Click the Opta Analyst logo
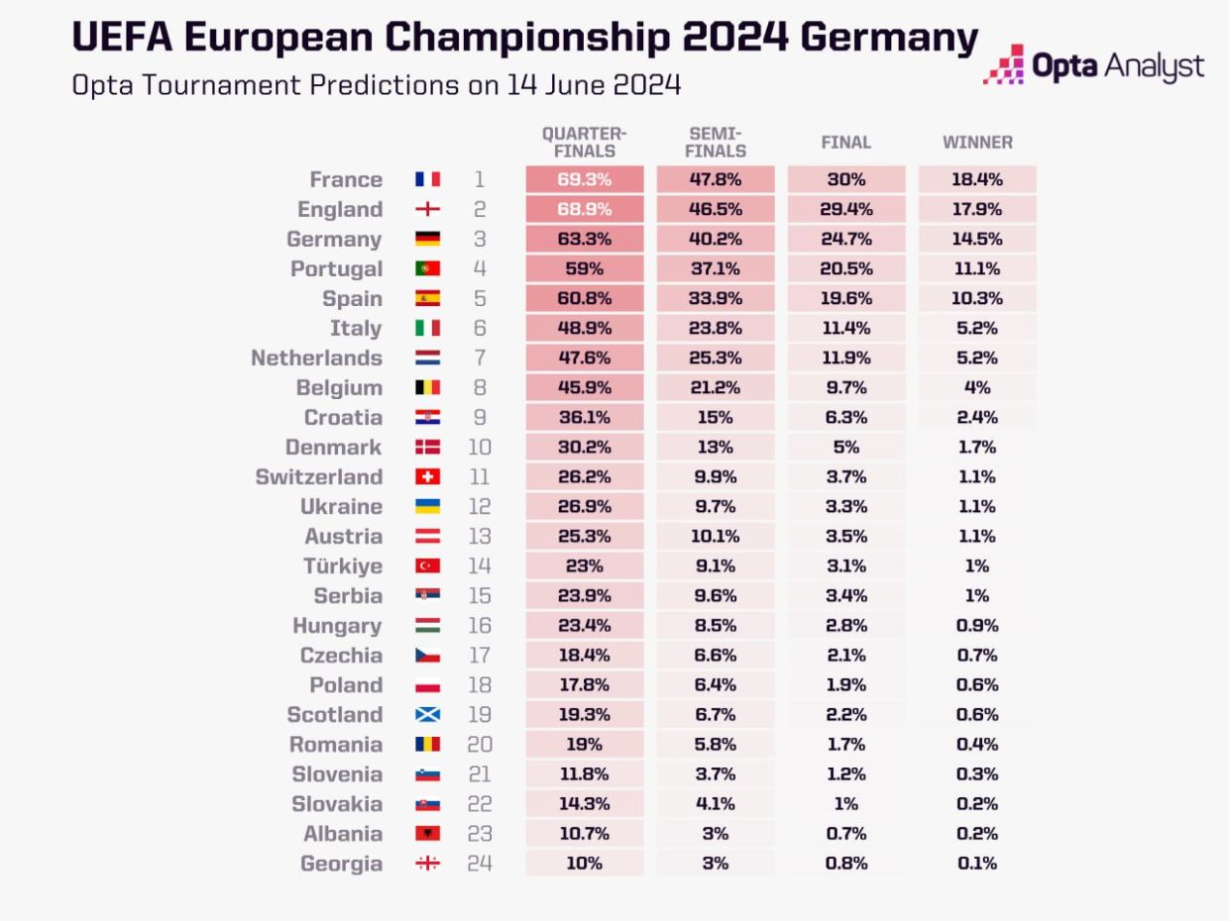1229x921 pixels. coord(1094,66)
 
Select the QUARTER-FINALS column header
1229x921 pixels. coord(584,142)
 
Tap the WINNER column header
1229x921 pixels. coord(977,142)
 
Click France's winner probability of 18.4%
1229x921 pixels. coord(977,179)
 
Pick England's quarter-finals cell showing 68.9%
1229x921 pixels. coord(584,209)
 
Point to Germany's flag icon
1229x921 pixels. coord(427,239)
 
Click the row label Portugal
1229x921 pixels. coord(336,268)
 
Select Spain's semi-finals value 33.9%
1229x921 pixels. coord(715,298)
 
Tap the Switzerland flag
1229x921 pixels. coord(427,476)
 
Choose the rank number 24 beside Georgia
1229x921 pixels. coord(479,863)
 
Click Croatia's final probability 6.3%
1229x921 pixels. coord(846,417)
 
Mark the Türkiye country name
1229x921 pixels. coord(342,565)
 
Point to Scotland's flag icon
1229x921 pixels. coord(427,714)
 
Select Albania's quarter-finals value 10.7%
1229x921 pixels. coord(584,833)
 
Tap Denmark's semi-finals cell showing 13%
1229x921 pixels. coord(715,447)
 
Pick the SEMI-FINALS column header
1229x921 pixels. coord(715,142)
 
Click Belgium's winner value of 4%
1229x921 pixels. coord(977,387)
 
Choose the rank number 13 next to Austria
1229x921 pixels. coord(479,536)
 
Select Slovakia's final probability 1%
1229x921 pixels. coord(846,803)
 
